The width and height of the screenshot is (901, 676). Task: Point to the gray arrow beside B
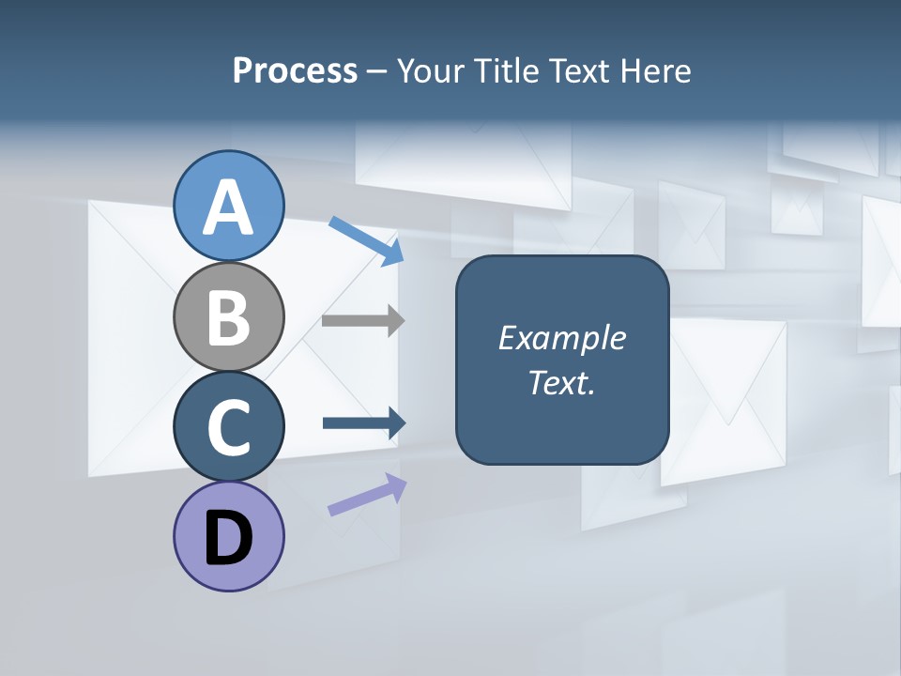362,320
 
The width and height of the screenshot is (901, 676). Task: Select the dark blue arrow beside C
363,422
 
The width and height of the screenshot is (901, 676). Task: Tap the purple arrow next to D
367,494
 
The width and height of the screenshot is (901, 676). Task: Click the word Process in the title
295,71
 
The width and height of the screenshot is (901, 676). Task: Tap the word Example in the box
561,338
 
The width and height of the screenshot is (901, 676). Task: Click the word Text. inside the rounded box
561,382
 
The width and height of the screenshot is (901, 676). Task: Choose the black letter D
228,540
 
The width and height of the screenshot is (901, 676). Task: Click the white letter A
228,208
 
